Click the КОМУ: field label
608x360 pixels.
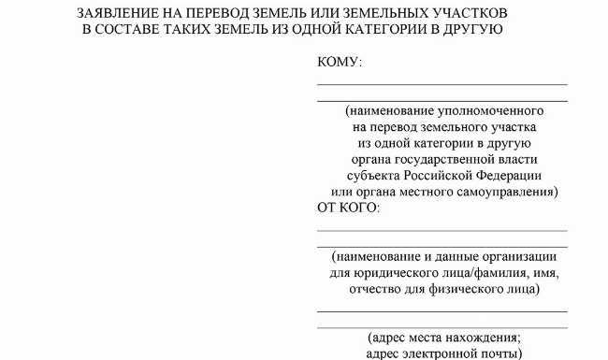[x=340, y=63]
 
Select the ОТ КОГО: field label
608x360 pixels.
[x=349, y=207]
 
